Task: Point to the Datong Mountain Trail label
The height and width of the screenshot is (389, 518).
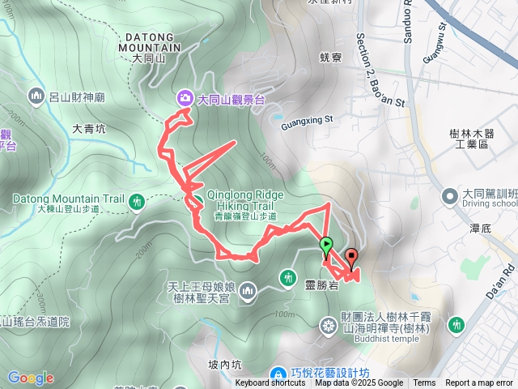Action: [68, 199]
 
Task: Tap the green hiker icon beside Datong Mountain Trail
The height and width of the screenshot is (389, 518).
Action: [137, 200]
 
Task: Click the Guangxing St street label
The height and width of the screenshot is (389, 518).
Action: [308, 120]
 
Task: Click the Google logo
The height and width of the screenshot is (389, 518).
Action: [31, 378]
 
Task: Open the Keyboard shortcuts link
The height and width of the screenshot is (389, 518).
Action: [270, 383]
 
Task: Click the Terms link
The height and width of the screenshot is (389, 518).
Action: [424, 383]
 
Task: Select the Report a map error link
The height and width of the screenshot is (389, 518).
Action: [481, 383]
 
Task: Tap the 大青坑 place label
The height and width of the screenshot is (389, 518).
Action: [88, 128]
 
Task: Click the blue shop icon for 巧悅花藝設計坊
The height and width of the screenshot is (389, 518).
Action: [278, 374]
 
